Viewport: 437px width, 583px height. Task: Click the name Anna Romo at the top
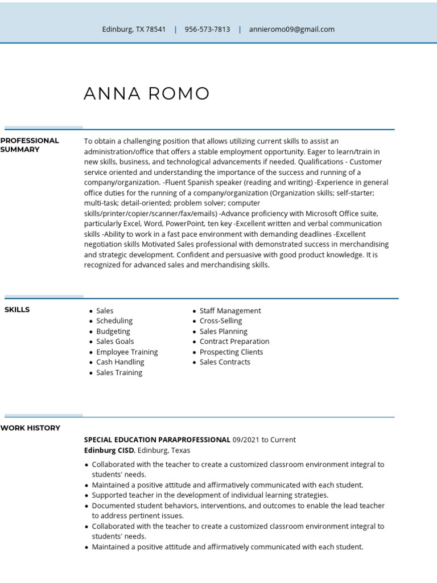click(147, 94)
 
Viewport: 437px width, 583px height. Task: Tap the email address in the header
click(291, 29)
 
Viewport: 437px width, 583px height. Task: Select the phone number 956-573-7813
click(207, 29)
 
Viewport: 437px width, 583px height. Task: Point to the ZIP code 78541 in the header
click(155, 29)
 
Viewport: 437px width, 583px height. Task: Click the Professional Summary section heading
click(30, 145)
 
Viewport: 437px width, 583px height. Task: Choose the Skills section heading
click(17, 310)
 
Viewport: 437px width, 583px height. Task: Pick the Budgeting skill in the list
click(113, 331)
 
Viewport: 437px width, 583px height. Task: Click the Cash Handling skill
click(120, 362)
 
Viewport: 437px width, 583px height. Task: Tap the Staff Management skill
click(230, 311)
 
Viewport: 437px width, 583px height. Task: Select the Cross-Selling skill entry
click(221, 321)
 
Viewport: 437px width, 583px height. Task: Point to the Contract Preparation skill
click(234, 342)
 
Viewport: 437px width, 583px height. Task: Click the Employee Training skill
click(127, 352)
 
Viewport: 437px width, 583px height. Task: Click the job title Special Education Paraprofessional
click(157, 440)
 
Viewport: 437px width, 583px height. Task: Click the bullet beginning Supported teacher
click(209, 495)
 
